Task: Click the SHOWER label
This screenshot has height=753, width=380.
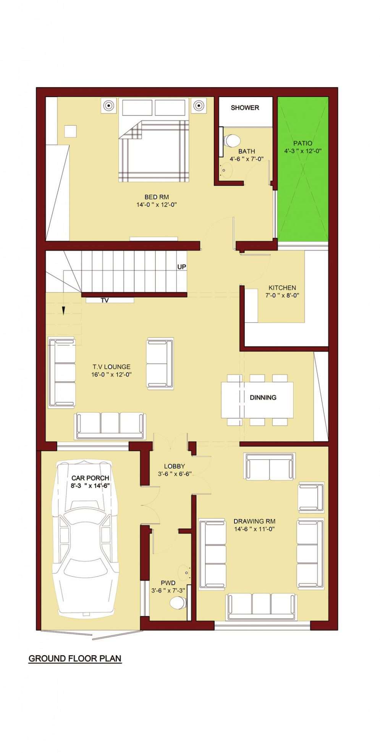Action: click(245, 108)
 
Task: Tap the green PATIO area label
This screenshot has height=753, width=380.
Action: click(302, 143)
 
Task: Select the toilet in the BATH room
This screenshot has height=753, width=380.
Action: click(232, 141)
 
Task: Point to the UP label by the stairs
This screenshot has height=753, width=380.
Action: click(182, 267)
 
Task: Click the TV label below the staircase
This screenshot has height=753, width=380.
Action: click(105, 301)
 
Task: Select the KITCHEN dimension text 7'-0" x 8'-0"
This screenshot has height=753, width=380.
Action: click(282, 295)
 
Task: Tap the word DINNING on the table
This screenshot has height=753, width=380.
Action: click(263, 398)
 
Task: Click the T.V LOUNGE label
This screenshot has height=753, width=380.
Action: click(111, 367)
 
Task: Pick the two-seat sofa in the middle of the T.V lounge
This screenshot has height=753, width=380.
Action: click(160, 363)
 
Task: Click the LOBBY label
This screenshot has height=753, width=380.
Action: click(174, 466)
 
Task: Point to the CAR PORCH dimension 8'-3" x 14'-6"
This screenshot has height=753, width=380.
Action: click(91, 486)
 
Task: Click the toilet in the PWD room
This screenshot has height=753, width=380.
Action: click(177, 603)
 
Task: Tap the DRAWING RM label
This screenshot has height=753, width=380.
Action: click(254, 521)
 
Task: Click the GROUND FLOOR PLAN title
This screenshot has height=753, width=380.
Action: click(75, 658)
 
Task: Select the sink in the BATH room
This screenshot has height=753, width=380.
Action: click(226, 169)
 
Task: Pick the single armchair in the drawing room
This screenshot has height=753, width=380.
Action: click(310, 497)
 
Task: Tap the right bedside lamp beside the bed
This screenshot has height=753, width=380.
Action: click(198, 105)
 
